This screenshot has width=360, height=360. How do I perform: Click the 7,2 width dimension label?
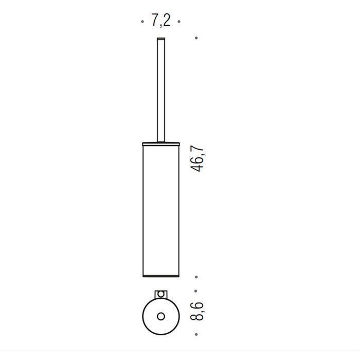point(161,21)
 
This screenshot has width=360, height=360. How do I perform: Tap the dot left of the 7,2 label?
point(142,22)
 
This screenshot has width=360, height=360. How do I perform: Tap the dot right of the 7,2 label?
point(179,22)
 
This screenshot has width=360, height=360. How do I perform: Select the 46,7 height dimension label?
point(197,158)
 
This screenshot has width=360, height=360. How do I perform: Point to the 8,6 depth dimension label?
point(197,311)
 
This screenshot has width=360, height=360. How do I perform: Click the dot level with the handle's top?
point(196,38)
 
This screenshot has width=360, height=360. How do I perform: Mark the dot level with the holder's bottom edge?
point(196,277)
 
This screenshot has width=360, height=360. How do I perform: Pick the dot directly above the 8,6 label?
point(195,291)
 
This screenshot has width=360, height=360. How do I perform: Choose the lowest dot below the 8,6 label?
point(196,334)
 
